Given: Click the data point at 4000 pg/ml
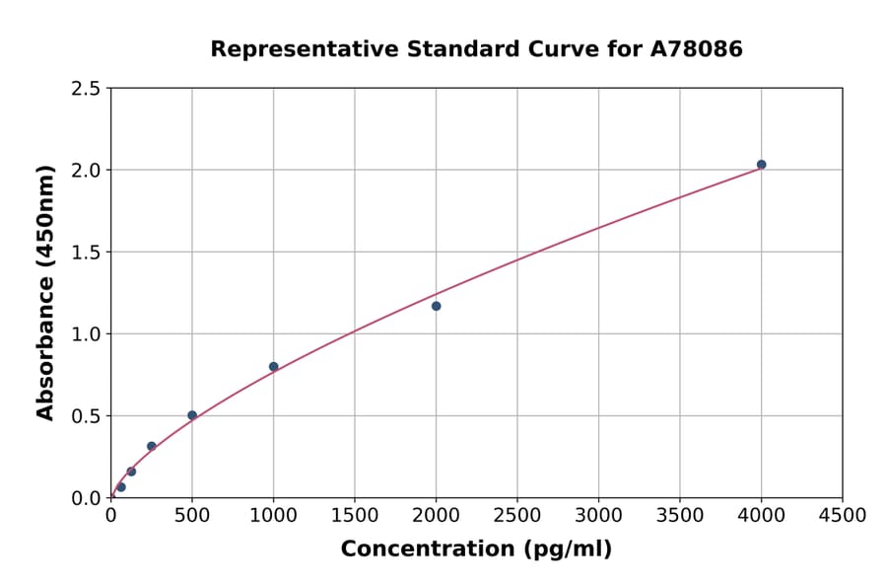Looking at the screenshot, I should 761,165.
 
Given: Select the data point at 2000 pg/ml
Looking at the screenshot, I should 436,306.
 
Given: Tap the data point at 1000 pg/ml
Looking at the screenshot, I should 273,367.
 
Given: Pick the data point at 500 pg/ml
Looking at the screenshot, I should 192,415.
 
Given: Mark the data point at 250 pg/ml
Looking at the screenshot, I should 152,446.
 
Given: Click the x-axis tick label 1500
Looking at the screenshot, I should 355,515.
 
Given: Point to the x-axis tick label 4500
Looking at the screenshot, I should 842,515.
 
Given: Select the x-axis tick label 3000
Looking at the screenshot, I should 598,515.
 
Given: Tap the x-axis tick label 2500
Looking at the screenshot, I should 517,515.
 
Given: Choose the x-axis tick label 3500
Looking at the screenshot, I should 680,515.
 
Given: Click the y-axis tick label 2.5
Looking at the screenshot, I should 86,89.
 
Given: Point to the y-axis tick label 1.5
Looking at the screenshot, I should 86,253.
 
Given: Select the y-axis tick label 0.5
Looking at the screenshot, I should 86,416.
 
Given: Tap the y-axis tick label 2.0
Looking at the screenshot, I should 86,171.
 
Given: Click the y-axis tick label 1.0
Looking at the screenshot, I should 86,334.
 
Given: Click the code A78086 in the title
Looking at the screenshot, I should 699,49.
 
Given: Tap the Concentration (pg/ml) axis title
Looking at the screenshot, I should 476,549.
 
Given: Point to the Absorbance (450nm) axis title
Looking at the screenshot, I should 45,292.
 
